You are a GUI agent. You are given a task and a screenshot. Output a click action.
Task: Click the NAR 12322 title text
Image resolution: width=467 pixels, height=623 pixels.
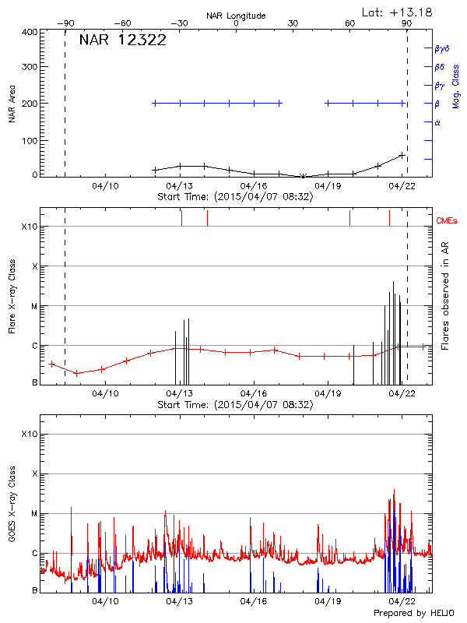(122, 40)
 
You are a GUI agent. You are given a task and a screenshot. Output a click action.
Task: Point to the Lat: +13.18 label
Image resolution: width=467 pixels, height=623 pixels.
(397, 12)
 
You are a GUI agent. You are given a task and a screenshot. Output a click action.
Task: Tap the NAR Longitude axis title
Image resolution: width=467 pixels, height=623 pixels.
(236, 16)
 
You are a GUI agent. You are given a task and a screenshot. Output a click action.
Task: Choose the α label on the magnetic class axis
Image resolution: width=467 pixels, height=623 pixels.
(437, 123)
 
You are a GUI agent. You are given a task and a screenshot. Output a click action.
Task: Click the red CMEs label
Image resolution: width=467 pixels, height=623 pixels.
(447, 221)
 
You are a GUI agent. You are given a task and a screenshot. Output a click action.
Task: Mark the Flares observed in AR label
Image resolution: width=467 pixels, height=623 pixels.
(444, 296)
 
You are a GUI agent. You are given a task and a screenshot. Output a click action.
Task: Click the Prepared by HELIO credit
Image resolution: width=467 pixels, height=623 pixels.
(413, 613)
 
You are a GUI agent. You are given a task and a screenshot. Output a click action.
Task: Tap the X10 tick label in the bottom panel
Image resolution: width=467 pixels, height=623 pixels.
(30, 434)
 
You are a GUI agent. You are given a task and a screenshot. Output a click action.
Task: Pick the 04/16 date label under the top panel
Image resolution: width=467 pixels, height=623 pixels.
(255, 186)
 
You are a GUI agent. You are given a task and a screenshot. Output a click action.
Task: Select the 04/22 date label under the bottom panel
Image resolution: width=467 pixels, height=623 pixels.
(402, 601)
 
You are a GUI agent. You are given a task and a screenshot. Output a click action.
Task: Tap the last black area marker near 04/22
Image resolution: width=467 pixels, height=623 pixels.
(402, 155)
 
